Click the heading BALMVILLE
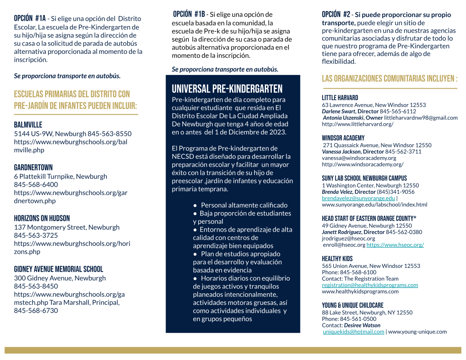[28, 125]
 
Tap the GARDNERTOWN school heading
[33, 167]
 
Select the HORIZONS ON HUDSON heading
[42, 218]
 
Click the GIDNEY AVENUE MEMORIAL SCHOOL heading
[58, 269]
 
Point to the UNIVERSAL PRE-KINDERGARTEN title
[227, 89]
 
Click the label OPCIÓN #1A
[30, 19]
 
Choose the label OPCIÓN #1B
[189, 14]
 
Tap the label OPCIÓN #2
[336, 15]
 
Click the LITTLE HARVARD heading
[340, 98]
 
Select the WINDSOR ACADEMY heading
[343, 138]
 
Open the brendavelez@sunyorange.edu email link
[358, 198]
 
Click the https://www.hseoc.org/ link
[395, 244]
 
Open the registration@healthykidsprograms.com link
[370, 285]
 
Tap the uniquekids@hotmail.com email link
[353, 332]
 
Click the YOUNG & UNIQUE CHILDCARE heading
[353, 305]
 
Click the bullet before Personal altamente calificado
[195, 205]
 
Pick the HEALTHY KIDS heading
[337, 259]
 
